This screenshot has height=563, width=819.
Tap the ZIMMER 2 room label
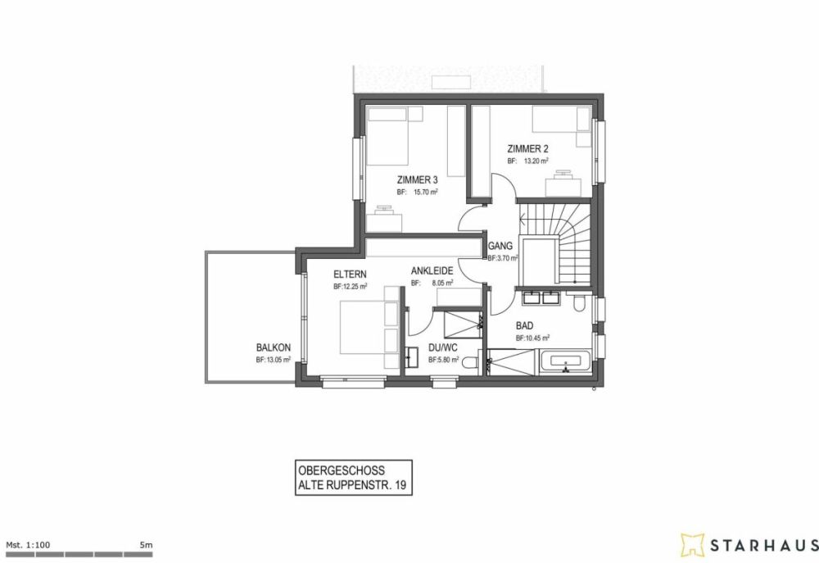pos(527,149)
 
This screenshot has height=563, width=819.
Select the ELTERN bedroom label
pos(350,275)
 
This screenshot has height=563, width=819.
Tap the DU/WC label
pos(441,347)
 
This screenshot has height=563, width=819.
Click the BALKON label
pos(273,347)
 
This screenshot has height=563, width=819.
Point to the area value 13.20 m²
pos(533,161)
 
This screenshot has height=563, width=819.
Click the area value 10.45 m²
pos(536,338)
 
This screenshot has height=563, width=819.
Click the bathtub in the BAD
pos(566,361)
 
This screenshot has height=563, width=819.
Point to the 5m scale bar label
pos(147,544)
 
